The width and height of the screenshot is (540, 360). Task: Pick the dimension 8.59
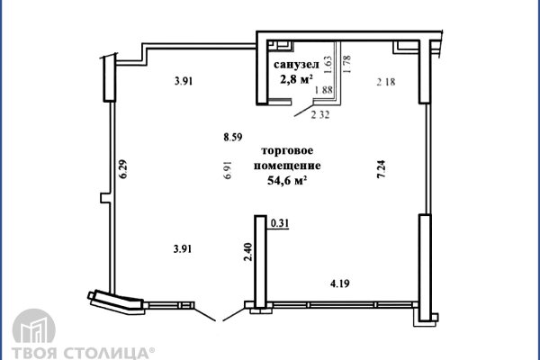(x=234, y=138)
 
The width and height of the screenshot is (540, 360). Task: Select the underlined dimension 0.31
(x=280, y=221)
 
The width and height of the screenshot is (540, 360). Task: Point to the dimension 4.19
(x=339, y=283)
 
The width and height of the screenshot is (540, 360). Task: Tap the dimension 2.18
(x=385, y=83)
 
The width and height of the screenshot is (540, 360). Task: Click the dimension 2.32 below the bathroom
(x=320, y=113)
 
